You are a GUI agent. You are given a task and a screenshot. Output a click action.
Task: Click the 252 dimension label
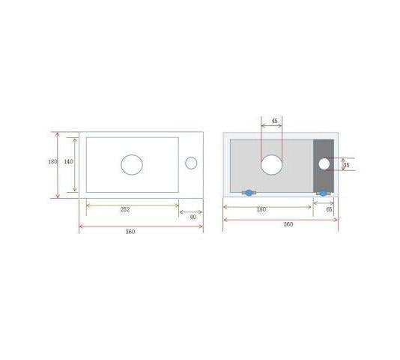(x=125, y=209)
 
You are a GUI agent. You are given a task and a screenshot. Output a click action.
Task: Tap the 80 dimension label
(x=193, y=217)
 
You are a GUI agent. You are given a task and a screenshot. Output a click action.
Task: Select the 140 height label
(x=68, y=161)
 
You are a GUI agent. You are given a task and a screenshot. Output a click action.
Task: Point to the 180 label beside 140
(x=52, y=161)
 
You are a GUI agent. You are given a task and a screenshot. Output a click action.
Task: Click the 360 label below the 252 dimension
(x=130, y=232)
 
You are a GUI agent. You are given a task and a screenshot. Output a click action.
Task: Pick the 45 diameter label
(x=274, y=121)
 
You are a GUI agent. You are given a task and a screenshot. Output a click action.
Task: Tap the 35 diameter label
(x=346, y=165)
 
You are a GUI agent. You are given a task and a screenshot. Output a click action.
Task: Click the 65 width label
(x=329, y=209)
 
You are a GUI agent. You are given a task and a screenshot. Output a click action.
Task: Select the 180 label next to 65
(x=261, y=209)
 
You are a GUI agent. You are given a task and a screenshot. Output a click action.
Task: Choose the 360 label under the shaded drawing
(x=288, y=224)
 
